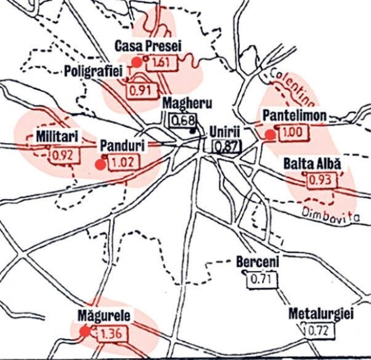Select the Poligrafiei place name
95,71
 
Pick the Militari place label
50,135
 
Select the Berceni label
258,262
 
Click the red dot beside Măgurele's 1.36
85,332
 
